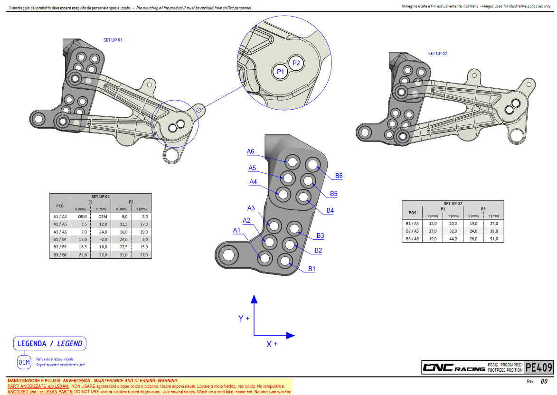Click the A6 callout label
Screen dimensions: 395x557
coord(251,151)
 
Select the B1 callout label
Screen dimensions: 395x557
coord(312,269)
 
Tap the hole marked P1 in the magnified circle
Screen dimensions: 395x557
coord(280,72)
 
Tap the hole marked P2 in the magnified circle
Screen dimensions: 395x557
coord(296,63)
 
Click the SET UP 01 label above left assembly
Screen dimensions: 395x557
coord(113,40)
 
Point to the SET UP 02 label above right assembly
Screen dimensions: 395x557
coord(437,54)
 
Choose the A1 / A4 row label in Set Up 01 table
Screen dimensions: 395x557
coord(60,216)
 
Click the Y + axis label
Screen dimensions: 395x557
coord(244,319)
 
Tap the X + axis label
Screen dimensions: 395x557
coord(272,344)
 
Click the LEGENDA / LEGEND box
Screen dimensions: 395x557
coord(50,343)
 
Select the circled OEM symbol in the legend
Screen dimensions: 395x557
coord(24,362)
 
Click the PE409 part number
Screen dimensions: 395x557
coord(539,367)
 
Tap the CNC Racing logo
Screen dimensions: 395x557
coord(453,367)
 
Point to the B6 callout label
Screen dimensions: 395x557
coord(339,176)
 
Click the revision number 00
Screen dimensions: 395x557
coord(544,381)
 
